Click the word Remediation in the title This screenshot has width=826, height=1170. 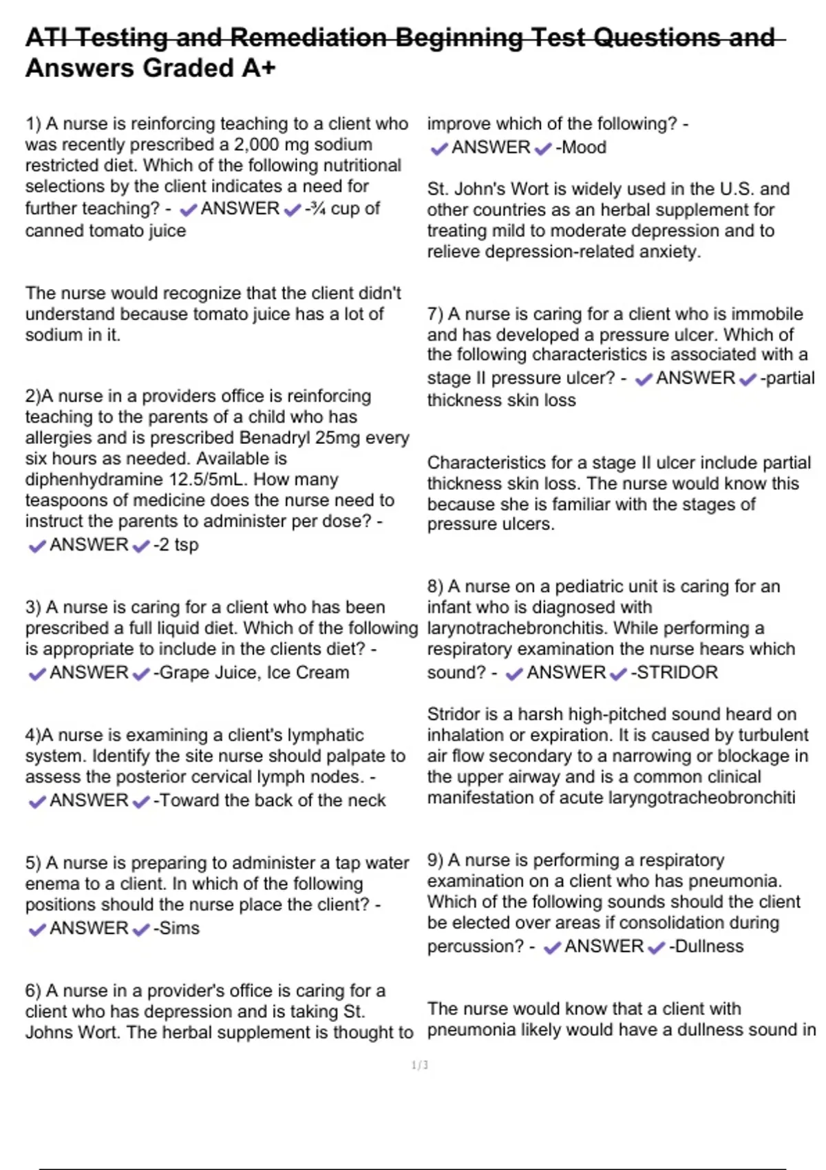pos(308,37)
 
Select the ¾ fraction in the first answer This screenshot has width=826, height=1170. pos(317,209)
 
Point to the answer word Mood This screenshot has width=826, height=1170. pos(584,147)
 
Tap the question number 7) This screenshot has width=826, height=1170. pos(435,314)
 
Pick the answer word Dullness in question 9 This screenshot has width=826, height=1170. pos(708,946)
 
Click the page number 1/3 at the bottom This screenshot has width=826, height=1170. pos(419,1065)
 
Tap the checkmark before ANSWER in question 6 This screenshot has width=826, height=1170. pos(438,148)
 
